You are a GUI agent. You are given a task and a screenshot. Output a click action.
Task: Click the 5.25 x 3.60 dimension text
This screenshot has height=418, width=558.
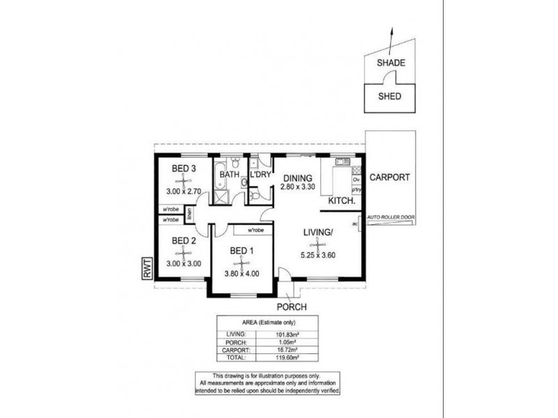319,254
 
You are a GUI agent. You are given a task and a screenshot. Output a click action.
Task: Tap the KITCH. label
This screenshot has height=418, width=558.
343,201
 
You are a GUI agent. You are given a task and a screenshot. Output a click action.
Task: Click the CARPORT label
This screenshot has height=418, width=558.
390,177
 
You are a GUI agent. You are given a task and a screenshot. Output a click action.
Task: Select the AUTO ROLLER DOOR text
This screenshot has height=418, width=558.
390,218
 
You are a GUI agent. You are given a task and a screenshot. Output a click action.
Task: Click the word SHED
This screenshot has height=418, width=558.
389,96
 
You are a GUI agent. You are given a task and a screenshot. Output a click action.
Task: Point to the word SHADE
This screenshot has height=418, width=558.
391,63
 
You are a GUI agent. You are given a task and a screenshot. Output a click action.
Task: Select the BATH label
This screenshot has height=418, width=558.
229,174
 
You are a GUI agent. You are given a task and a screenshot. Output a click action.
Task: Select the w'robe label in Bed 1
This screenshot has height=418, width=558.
255,230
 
